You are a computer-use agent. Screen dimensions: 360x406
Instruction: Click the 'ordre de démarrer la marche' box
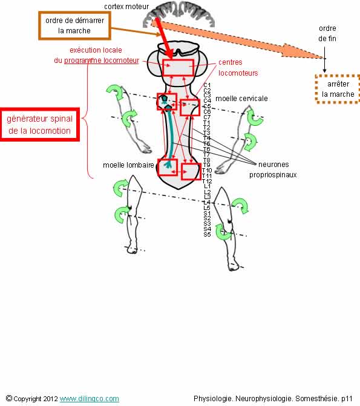[74, 25]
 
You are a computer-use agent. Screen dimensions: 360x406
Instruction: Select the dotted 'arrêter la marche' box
[338, 89]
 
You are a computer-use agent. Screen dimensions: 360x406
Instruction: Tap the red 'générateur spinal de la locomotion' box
[39, 125]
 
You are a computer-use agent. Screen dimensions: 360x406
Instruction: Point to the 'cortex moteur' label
[126, 7]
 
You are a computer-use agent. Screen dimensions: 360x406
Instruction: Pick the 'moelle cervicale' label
[241, 99]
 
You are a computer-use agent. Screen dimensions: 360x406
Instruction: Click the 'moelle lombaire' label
[128, 165]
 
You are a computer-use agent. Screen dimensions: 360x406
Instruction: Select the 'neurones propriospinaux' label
[273, 169]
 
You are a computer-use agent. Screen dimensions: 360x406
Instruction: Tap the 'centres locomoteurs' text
[238, 68]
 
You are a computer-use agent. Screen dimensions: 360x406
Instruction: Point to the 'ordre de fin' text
[327, 33]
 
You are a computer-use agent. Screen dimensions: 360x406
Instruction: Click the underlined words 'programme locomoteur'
[102, 61]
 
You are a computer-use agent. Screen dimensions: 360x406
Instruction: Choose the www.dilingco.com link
[90, 399]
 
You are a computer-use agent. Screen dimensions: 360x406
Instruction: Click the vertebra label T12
[207, 182]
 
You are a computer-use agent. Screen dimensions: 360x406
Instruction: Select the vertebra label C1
[207, 85]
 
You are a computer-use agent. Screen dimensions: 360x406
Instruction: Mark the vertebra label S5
[207, 235]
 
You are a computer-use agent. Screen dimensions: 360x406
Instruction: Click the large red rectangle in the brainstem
[178, 68]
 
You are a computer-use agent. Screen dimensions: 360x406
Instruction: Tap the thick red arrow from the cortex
[164, 38]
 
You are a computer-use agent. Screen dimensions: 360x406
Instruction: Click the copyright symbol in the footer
[9, 398]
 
